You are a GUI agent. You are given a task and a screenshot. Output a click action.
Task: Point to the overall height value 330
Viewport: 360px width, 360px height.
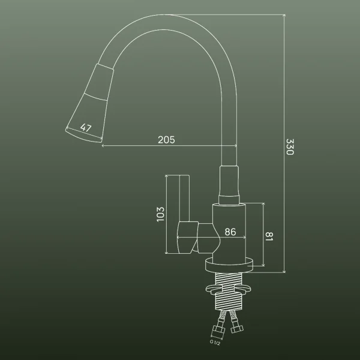pyautogui.click(x=289, y=148)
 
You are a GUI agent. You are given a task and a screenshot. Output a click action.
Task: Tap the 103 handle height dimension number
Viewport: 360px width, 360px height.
pyautogui.click(x=160, y=214)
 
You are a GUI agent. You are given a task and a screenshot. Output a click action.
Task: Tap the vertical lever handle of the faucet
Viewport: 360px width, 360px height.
pyautogui.click(x=184, y=198)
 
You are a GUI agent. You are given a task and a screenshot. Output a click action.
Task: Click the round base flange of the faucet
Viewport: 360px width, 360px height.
pyautogui.click(x=230, y=265)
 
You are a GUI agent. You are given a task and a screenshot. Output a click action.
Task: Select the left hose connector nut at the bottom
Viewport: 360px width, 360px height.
pyautogui.click(x=215, y=331)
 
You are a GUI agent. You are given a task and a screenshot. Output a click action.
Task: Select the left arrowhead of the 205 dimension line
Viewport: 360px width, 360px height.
pyautogui.click(x=104, y=146)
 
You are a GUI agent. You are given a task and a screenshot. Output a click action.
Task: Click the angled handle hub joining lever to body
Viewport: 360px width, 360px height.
pyautogui.click(x=195, y=236)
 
